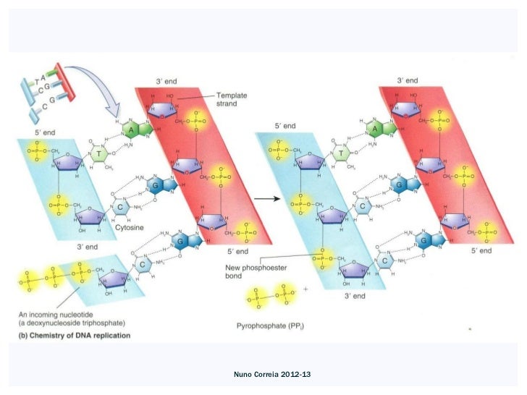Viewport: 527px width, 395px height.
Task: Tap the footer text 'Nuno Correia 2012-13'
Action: click(263, 375)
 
